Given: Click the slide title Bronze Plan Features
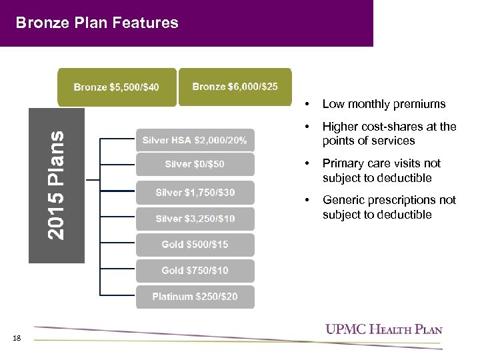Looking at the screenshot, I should pos(97,23).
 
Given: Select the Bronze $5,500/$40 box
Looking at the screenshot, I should pos(117,87).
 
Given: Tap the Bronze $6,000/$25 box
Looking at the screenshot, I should pos(235,87).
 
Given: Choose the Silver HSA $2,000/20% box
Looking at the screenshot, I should pos(195,141).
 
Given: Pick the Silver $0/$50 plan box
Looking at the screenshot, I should pos(195,165).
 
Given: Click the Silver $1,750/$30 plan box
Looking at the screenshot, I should pos(195,193).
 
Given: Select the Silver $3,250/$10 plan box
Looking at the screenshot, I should pos(195,219).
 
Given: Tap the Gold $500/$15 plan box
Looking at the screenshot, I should pos(195,245).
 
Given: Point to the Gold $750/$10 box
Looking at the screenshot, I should pos(195,271).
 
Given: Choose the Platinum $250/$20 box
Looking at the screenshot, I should pos(195,297).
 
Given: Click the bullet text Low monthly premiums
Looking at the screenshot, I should pos(384,104).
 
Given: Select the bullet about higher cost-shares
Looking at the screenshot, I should pos(389,133).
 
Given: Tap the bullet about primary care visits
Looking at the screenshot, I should pos(381,171).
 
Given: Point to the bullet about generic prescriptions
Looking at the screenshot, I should pos(389,207).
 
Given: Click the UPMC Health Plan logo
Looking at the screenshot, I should pos(383,329).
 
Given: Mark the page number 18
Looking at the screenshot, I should pos(17,339).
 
